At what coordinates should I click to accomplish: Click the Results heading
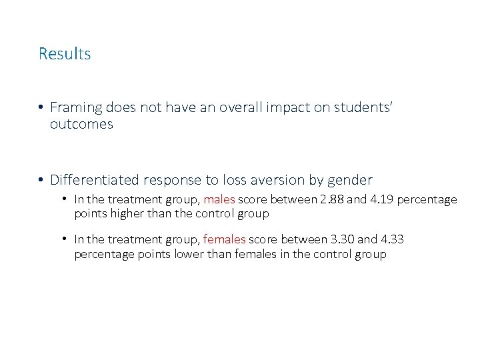pyautogui.click(x=65, y=54)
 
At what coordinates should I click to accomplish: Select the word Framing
pyautogui.click(x=76, y=107)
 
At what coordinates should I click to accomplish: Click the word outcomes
pyautogui.click(x=81, y=125)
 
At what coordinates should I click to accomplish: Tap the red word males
pyautogui.click(x=219, y=199)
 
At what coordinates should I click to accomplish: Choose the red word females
pyautogui.click(x=225, y=239)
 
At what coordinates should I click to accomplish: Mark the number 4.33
pyautogui.click(x=393, y=239)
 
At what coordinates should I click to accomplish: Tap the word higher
pyautogui.click(x=123, y=213)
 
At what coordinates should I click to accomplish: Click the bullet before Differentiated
pyautogui.click(x=41, y=181)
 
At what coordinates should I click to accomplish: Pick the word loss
pyautogui.click(x=257, y=180)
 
